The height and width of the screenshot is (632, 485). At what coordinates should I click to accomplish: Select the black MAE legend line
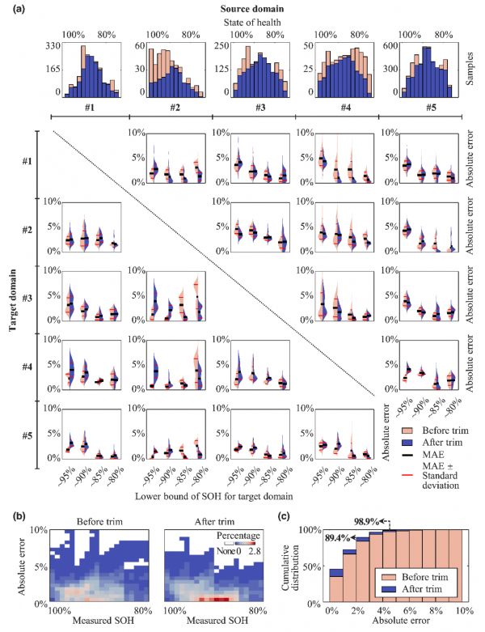pos(390,456)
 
